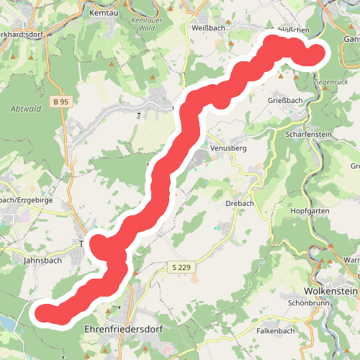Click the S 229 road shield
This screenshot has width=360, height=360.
coord(183,268)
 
